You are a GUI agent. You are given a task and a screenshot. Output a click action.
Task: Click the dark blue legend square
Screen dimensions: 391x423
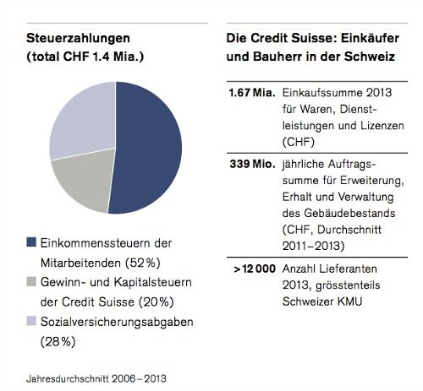coord(30,242)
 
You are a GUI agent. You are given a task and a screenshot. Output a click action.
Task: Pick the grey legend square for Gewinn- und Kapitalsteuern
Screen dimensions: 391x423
coord(30,280)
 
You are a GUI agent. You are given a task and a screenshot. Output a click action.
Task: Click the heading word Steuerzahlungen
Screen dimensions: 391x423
coord(75,40)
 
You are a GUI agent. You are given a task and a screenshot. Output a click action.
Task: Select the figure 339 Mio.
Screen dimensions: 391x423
coord(249,163)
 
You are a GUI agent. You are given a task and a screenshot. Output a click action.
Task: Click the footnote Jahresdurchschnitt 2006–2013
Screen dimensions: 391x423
coord(96,377)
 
